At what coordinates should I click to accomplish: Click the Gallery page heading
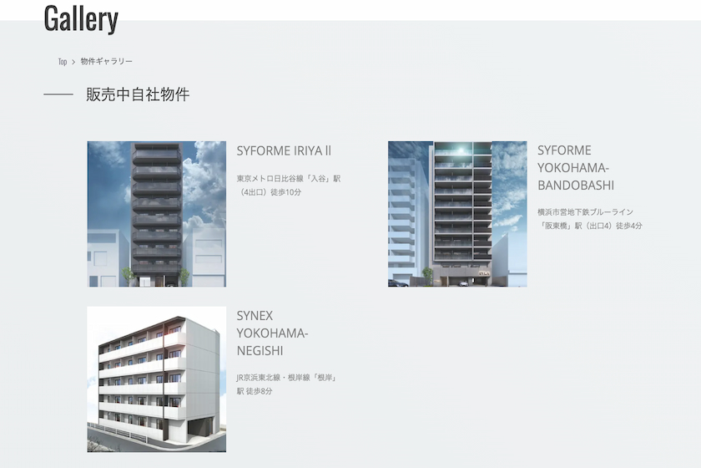tap(81, 19)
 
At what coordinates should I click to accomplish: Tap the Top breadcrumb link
tap(63, 62)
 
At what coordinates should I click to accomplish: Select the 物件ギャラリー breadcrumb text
tap(107, 61)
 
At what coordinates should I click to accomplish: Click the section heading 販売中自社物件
tap(138, 94)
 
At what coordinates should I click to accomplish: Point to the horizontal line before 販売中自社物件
tap(58, 94)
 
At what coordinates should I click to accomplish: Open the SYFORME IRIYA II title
tap(284, 151)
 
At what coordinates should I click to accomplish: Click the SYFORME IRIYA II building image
tap(157, 214)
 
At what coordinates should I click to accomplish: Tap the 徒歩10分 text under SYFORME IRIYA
tap(285, 192)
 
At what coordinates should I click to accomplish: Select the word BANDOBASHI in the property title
tap(576, 186)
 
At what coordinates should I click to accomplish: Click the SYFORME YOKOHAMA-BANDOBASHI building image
tap(457, 214)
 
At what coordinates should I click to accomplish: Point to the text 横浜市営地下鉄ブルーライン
tap(585, 211)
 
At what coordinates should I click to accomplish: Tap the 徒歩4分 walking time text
tap(629, 226)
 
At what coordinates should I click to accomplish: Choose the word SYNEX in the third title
tap(255, 316)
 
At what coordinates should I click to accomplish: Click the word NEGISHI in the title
tap(260, 351)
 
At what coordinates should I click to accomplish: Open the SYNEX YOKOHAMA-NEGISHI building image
tap(157, 379)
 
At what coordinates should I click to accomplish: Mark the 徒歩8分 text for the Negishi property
tap(259, 391)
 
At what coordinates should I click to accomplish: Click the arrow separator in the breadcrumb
tap(73, 62)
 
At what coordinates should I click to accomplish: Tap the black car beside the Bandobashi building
tap(398, 283)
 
